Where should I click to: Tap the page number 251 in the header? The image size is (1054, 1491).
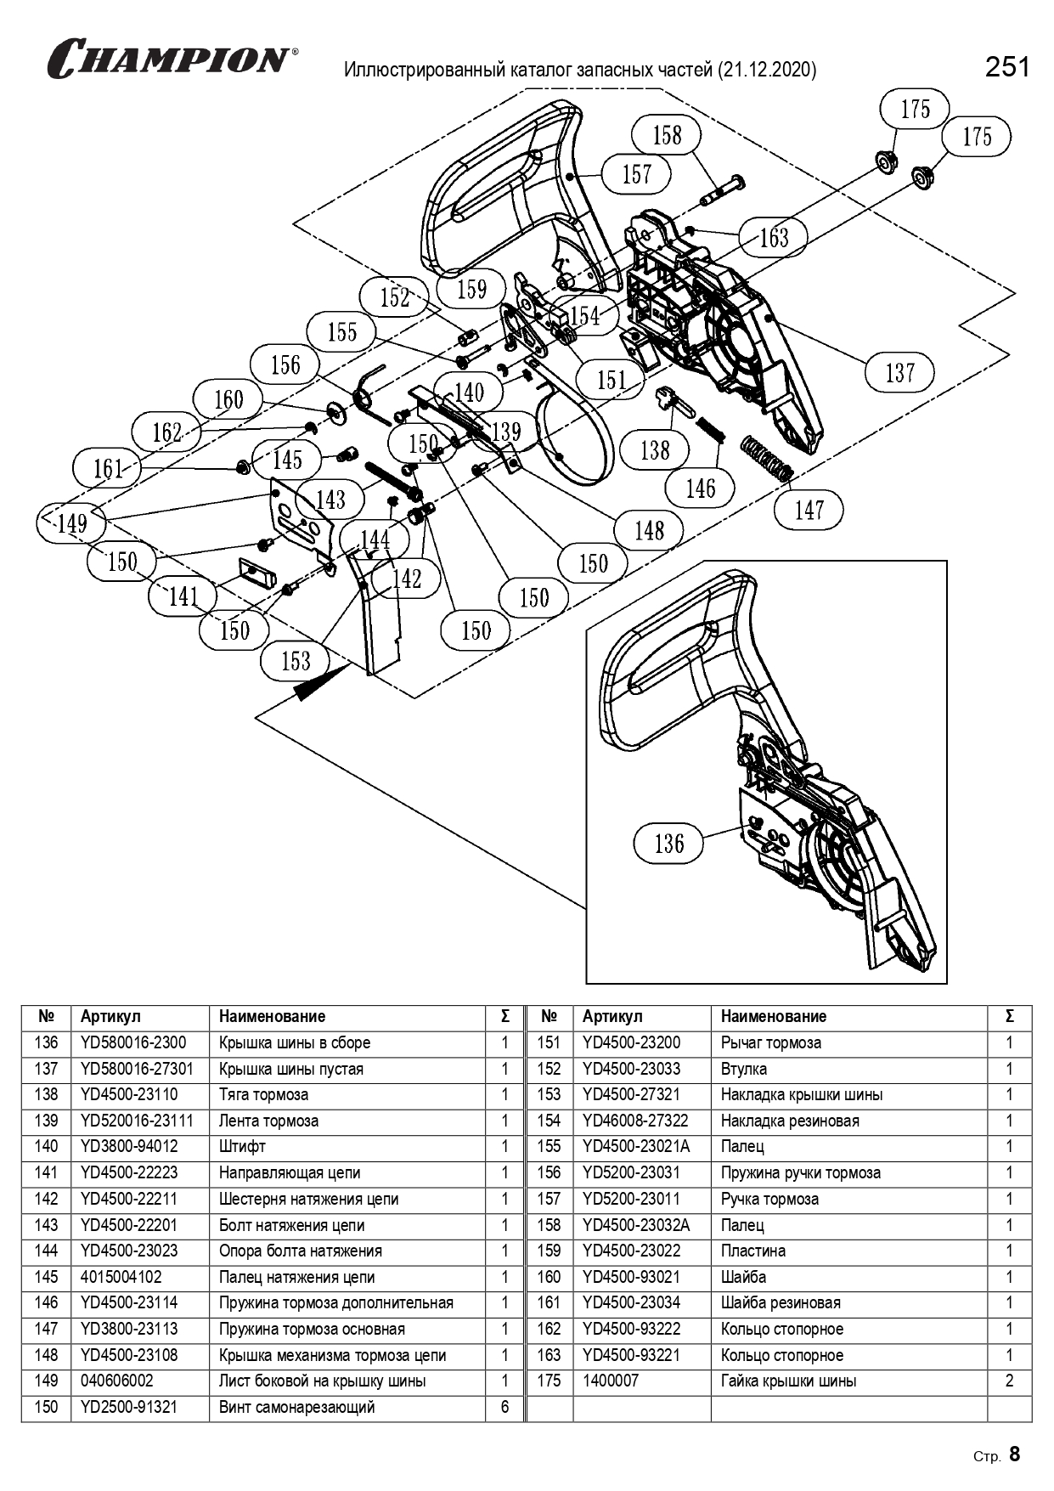(x=1007, y=67)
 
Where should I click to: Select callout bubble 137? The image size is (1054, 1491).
(x=899, y=372)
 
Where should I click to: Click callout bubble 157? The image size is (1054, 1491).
(x=636, y=174)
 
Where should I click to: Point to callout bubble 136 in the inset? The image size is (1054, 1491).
(x=668, y=843)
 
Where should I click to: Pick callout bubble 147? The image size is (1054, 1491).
(x=809, y=510)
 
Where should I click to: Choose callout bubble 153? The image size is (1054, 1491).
(x=296, y=660)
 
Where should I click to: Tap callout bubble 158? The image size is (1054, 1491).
(x=667, y=135)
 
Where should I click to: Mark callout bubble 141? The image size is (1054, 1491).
(x=183, y=596)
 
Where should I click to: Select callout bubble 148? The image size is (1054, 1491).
(x=649, y=531)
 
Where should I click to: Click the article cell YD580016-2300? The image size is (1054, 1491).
(x=133, y=1042)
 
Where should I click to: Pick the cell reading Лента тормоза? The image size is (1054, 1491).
(x=268, y=1121)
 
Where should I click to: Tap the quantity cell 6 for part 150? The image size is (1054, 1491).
(x=504, y=1407)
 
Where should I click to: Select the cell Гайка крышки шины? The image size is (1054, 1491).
(x=788, y=1381)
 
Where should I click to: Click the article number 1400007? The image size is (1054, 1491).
(x=611, y=1381)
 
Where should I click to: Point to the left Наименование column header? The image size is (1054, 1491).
(x=272, y=1016)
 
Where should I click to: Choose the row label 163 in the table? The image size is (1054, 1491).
(x=549, y=1355)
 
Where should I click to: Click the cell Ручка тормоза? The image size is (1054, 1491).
(x=769, y=1199)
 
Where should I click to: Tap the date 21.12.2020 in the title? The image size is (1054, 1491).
(x=767, y=70)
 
